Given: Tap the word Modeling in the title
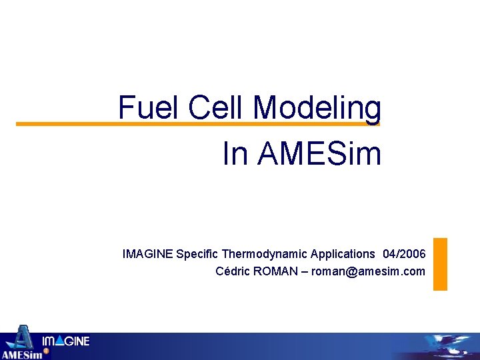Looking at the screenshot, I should tap(317, 107).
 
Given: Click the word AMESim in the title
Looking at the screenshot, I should tap(319, 154).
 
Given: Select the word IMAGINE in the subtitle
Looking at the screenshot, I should tap(147, 254).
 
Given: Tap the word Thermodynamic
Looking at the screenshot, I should tap(265, 254).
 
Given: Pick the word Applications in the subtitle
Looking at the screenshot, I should tap(343, 254).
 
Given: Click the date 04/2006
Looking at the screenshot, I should tap(404, 254).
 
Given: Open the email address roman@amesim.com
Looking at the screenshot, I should tap(368, 271).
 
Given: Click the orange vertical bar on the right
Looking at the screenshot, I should tap(440, 264).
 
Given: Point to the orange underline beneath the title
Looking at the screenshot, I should tap(67, 124).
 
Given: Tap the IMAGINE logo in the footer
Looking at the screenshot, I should tap(65, 342).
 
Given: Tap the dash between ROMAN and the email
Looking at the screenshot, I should tap(305, 271).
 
